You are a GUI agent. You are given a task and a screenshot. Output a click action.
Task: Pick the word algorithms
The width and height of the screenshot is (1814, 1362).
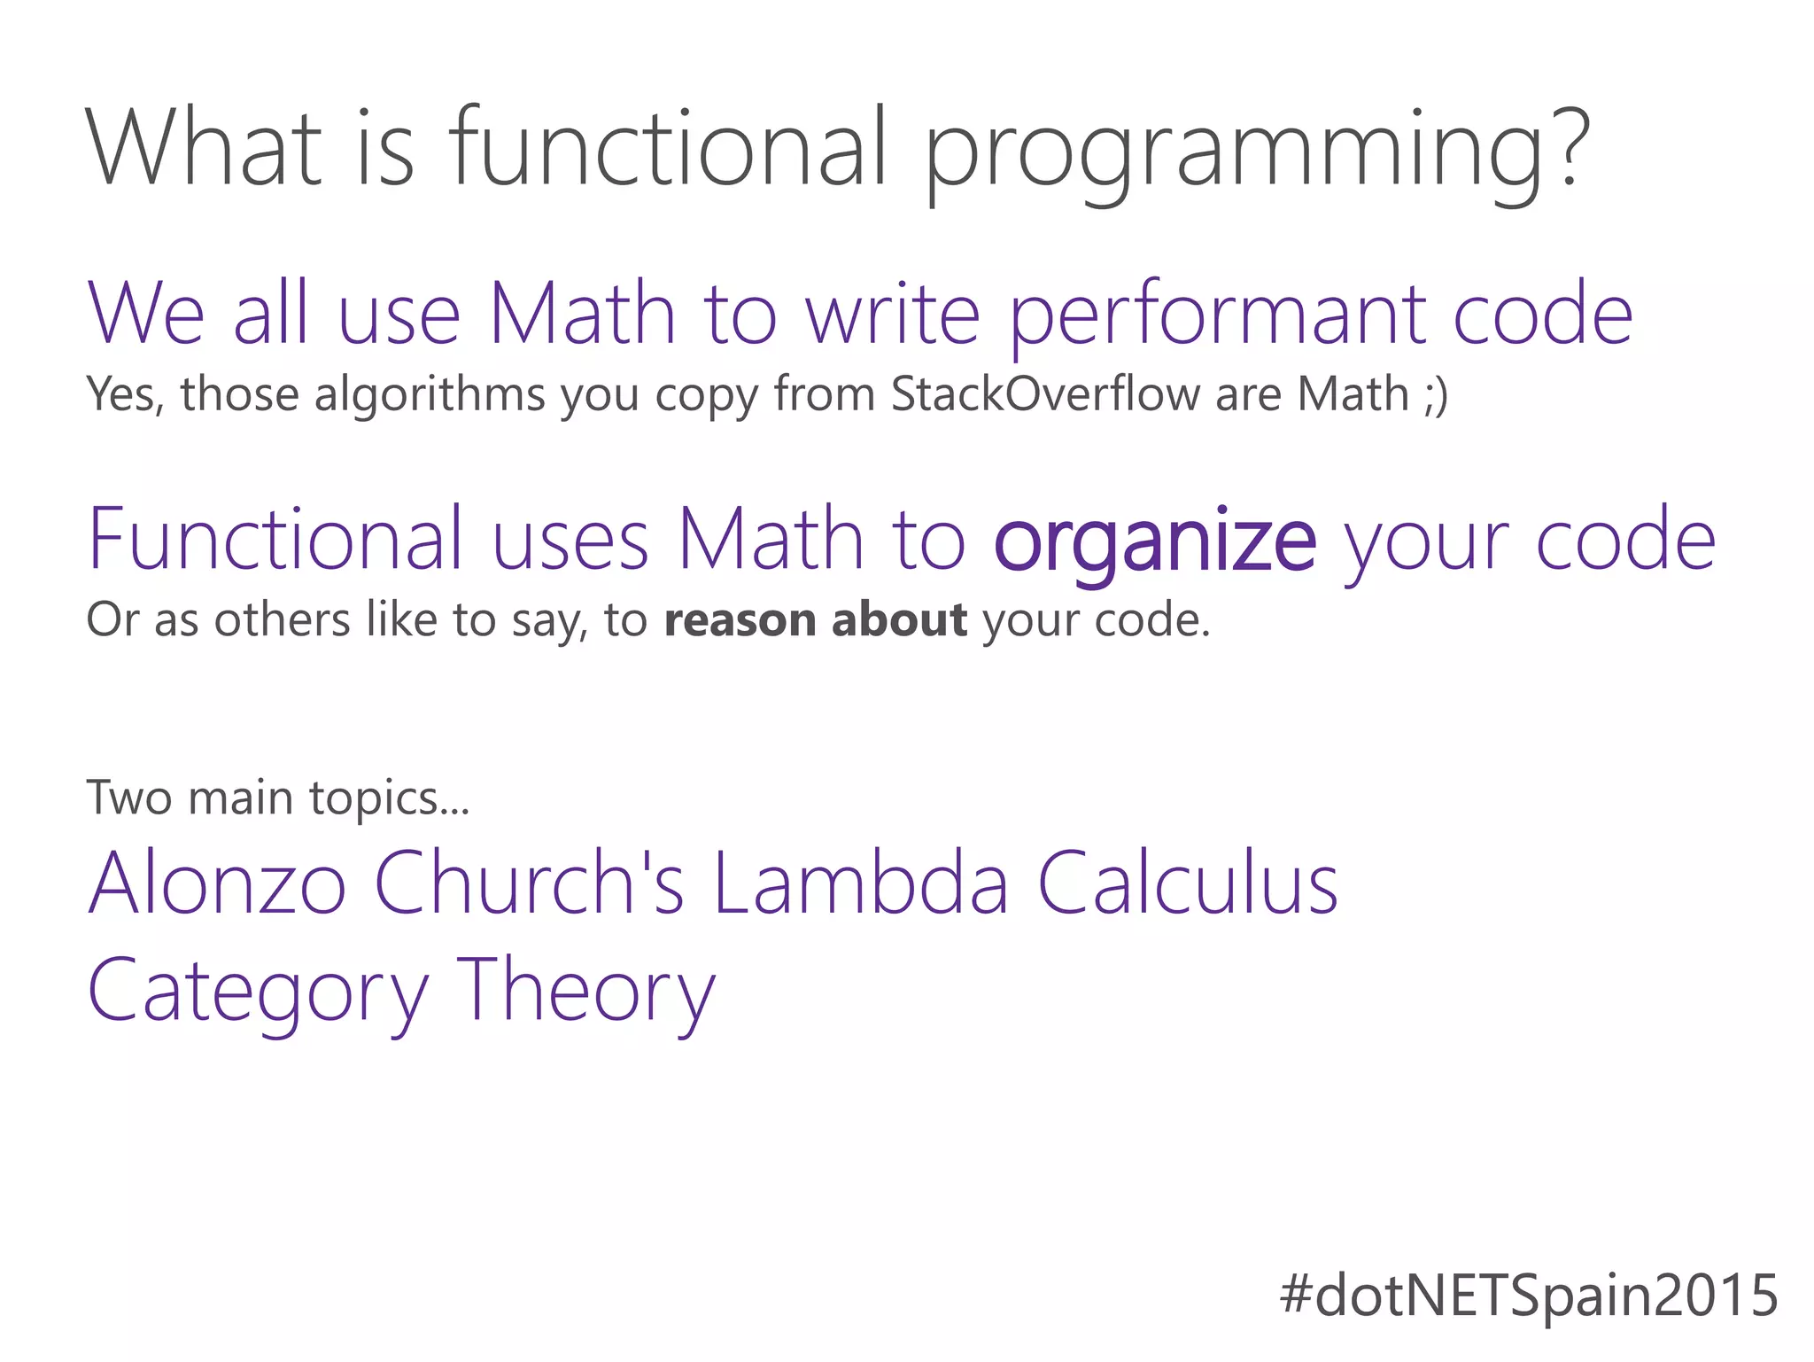[x=430, y=395]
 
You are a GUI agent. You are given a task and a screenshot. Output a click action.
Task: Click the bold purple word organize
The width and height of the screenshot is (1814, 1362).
[x=1155, y=541]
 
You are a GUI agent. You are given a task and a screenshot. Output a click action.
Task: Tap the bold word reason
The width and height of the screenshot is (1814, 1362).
[x=740, y=619]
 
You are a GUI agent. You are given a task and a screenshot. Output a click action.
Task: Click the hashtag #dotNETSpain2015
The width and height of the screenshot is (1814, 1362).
[x=1529, y=1295]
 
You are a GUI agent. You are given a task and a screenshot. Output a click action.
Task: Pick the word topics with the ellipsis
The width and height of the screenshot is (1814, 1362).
[x=389, y=799]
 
